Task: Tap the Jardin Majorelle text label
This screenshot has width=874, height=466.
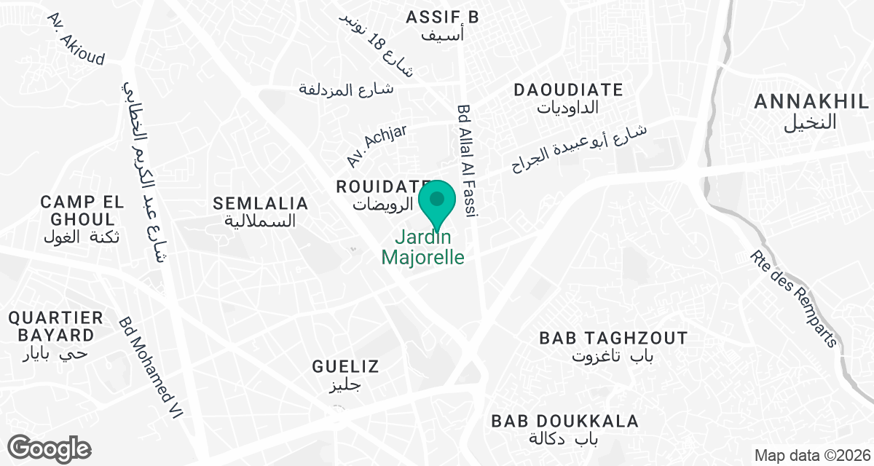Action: pos(423,248)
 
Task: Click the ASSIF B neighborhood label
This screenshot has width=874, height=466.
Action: pos(442,17)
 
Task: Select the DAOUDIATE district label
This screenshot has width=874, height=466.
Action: pos(568,90)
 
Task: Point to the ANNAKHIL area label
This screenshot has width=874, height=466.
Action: pos(811,102)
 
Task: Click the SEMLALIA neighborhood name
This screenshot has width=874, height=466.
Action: pos(260,204)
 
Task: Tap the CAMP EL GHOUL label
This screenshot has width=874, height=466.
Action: pos(77,210)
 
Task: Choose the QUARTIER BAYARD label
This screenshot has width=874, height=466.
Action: pos(56,326)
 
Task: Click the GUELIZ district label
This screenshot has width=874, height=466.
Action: pos(345,366)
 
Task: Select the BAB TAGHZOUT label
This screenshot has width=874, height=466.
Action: pos(613,339)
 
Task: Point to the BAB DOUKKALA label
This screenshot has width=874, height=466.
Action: pos(564,421)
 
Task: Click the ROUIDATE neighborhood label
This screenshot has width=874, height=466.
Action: pos(384,187)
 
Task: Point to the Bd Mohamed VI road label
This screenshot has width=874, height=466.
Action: pos(151,368)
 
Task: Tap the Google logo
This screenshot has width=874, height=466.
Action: pos(49,448)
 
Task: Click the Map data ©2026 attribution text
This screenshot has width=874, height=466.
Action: pos(812,456)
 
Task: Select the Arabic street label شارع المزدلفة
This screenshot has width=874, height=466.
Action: pos(347,89)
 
